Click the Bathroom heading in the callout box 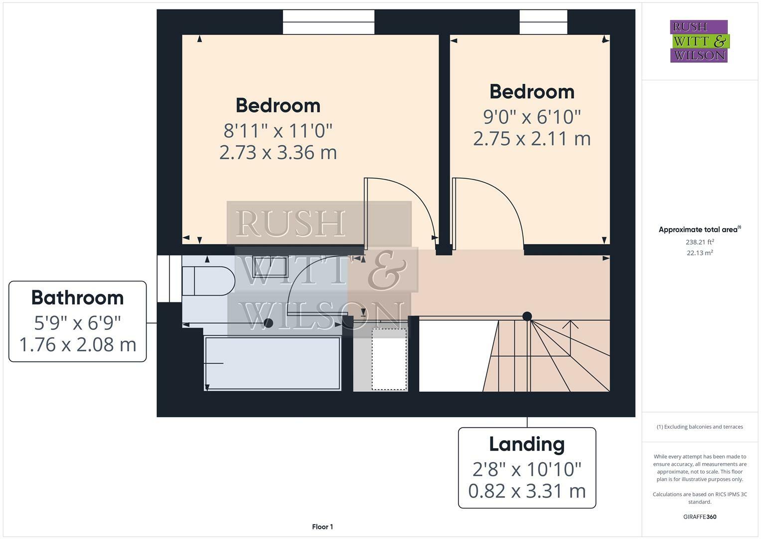point(77,297)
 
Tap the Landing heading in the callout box point(527,444)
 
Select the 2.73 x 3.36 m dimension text point(278,152)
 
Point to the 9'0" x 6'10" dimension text point(532,117)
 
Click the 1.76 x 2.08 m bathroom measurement point(77,344)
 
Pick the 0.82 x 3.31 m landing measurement point(527,491)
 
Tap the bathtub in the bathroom point(272,363)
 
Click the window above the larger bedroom point(328,22)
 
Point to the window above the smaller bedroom point(543,22)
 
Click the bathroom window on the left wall point(169,278)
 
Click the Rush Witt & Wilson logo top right point(699,41)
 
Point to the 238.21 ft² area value point(700,242)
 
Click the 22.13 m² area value point(700,253)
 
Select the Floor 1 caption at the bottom point(322,527)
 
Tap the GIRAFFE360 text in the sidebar point(700,517)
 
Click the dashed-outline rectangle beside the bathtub point(389,359)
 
